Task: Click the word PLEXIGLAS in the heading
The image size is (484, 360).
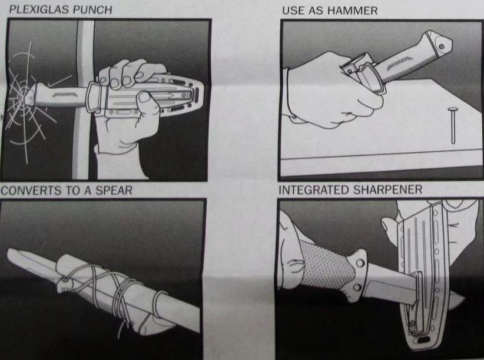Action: coord(39,9)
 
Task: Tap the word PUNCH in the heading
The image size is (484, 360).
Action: coord(92,9)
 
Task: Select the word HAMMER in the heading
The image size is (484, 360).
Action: coord(353,11)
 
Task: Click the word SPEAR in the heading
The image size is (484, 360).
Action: coord(114,190)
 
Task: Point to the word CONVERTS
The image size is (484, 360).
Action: coord(31,190)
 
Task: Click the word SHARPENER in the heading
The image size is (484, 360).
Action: coord(387,189)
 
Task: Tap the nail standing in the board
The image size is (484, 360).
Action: coord(453,124)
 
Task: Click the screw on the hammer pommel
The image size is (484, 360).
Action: coord(442,46)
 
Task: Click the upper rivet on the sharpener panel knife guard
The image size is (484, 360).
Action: coord(359,263)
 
